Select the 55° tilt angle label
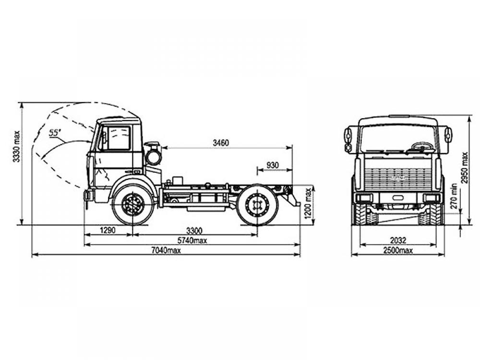[55, 132]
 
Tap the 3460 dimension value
[221, 143]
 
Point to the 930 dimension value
[273, 165]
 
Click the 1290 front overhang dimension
[108, 230]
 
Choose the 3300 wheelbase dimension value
[194, 230]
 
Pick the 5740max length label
[192, 240]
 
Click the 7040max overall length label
[166, 250]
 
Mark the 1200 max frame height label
[308, 203]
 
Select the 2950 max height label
[465, 168]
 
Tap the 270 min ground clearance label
[454, 196]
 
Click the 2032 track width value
[398, 240]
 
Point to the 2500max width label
[398, 251]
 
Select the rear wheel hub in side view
[257, 204]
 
